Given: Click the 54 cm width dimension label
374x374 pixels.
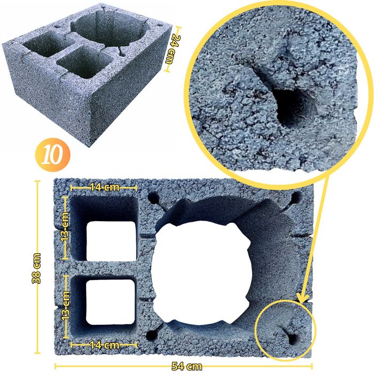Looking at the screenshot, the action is pos(187,366).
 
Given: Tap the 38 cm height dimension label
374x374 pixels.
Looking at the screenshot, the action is pos(36,268).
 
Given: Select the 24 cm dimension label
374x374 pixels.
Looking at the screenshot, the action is pos(173,49).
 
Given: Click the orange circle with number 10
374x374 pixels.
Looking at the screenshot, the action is pos(53,155).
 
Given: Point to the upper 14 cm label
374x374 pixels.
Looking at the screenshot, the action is pos(105,188).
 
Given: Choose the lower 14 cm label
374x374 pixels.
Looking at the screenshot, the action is pos(105,345).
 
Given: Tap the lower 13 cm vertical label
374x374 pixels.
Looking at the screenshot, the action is pos(66,305).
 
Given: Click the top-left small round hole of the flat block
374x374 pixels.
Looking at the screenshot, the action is pos(154,198).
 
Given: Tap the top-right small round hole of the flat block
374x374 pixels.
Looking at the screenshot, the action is pos(296,198).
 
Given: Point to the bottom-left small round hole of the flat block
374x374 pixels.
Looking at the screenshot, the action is pos(151,336).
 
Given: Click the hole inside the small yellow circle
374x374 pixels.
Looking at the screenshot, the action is pos(293,339).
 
